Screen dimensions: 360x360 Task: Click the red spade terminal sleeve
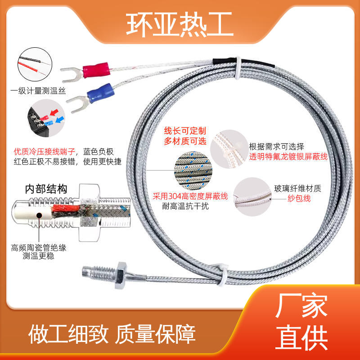pyautogui.click(x=96, y=70)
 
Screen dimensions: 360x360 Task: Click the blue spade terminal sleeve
pyautogui.click(x=101, y=93)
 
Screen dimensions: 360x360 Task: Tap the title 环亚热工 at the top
pyautogui.click(x=180, y=24)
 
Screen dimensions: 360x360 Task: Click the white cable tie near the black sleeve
pyautogui.click(x=238, y=68)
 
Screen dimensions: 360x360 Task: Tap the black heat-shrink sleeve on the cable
pyautogui.click(x=243, y=63)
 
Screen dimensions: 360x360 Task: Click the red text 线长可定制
pyautogui.click(x=185, y=131)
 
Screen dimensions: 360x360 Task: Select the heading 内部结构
pyautogui.click(x=46, y=189)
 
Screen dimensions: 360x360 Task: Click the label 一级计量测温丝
pyautogui.click(x=38, y=91)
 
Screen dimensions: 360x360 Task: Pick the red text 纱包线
pyautogui.click(x=299, y=198)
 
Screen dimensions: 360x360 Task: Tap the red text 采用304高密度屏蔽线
pyautogui.click(x=190, y=196)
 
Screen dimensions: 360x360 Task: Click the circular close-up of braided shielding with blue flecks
pyautogui.click(x=193, y=171)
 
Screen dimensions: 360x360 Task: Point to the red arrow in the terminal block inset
pyautogui.click(x=54, y=112)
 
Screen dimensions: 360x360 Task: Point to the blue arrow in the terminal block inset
pyautogui.click(x=60, y=120)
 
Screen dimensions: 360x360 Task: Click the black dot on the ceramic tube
pyautogui.click(x=39, y=216)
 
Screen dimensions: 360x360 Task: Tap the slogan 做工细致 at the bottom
pyautogui.click(x=68, y=334)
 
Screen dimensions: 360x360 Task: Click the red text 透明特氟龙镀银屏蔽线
pyautogui.click(x=288, y=157)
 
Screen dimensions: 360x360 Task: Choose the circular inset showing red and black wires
pyautogui.click(x=35, y=64)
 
